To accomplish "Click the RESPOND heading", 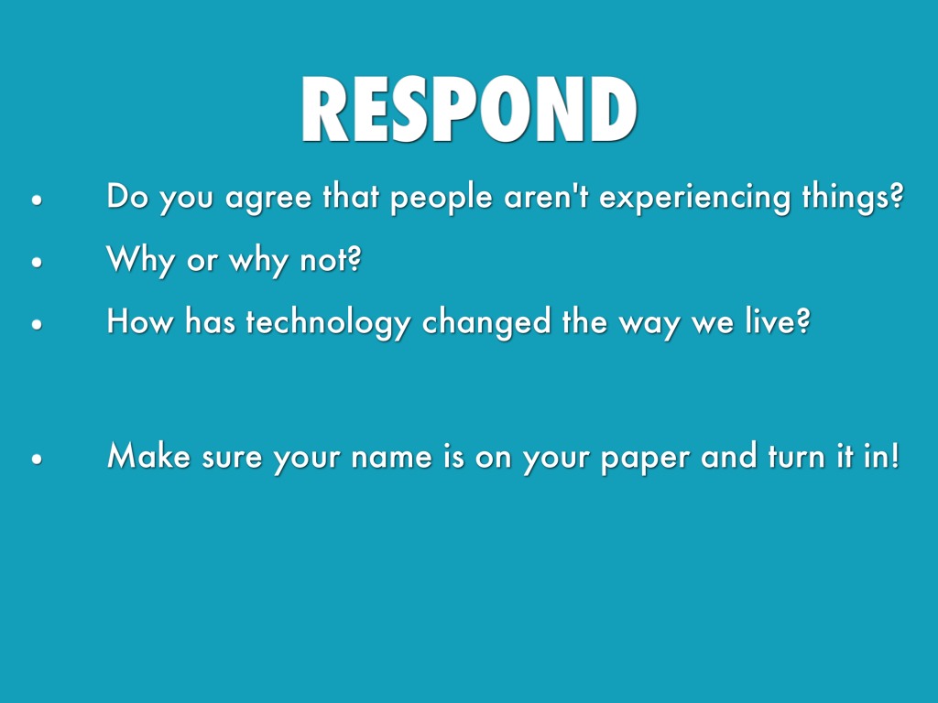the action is pyautogui.click(x=469, y=109).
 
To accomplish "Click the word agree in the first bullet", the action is pyautogui.click(x=268, y=199).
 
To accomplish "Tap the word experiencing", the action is pyautogui.click(x=694, y=198).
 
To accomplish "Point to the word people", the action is pyautogui.click(x=441, y=198).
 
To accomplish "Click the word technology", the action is pyautogui.click(x=328, y=322).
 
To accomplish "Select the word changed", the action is pyautogui.click(x=485, y=321).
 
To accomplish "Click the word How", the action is pyautogui.click(x=140, y=320).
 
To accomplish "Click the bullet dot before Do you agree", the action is pyautogui.click(x=37, y=200).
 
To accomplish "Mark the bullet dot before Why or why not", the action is pyautogui.click(x=37, y=262).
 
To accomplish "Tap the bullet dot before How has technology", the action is pyautogui.click(x=37, y=324).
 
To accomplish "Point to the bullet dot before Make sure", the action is pyautogui.click(x=37, y=460).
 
